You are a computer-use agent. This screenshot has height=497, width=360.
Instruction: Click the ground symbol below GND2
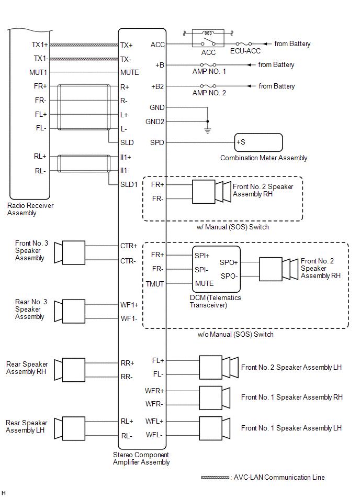pyautogui.click(x=208, y=130)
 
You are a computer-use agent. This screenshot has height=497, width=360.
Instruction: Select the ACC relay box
pyautogui.click(x=208, y=38)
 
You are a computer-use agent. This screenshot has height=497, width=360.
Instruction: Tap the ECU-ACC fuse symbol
pyautogui.click(x=244, y=44)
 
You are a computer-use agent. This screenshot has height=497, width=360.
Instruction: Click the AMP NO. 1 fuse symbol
pyautogui.click(x=208, y=64)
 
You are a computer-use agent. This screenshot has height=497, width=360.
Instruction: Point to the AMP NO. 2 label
pyautogui.click(x=209, y=93)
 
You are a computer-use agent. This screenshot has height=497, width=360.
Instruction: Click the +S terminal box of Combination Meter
pyautogui.click(x=258, y=142)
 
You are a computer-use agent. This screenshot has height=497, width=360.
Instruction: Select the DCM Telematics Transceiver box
pyautogui.click(x=216, y=269)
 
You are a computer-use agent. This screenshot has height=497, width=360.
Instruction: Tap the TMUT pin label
pyautogui.click(x=155, y=284)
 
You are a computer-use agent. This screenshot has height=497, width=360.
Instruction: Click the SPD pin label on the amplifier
pyautogui.click(x=157, y=142)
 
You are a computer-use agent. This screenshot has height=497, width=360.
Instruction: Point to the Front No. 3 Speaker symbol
pyautogui.click(x=70, y=252)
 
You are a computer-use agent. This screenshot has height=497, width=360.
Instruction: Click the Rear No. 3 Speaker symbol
pyautogui.click(x=70, y=311)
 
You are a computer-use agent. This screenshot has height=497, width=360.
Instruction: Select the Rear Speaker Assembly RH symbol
pyautogui.click(x=70, y=370)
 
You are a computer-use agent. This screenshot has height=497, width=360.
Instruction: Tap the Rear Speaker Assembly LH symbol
pyautogui.click(x=70, y=428)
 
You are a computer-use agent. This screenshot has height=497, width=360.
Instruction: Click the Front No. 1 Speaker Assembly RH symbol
pyautogui.click(x=215, y=398)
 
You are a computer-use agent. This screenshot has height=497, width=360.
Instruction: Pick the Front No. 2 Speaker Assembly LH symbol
pyautogui.click(x=219, y=367)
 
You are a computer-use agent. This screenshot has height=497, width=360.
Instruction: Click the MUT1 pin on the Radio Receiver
pyautogui.click(x=38, y=73)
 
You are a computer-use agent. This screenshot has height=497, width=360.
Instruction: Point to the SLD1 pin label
pyautogui.click(x=129, y=184)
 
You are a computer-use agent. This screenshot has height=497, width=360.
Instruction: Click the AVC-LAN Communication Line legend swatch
pyautogui.click(x=215, y=477)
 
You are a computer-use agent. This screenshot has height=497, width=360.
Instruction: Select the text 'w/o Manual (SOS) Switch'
pyautogui.click(x=235, y=335)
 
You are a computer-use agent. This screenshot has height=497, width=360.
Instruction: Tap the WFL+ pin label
pyautogui.click(x=154, y=421)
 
